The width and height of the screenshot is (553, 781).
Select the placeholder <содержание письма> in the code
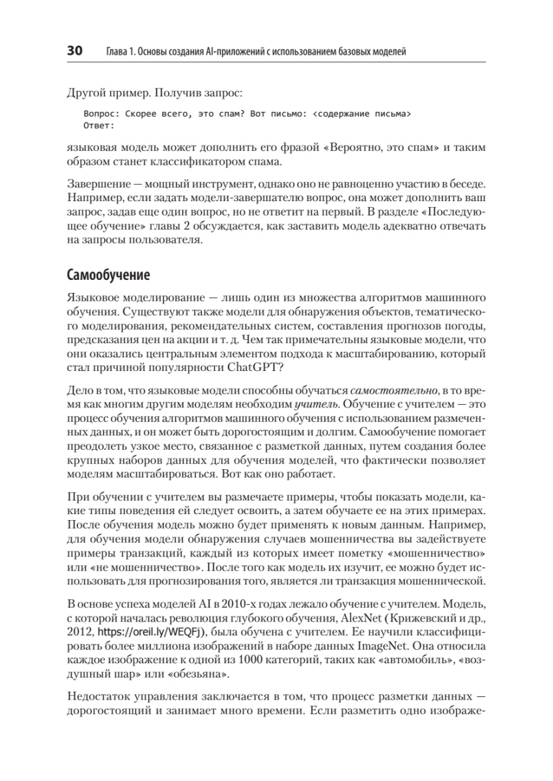point(362,113)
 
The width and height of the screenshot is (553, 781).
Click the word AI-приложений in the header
point(231,52)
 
